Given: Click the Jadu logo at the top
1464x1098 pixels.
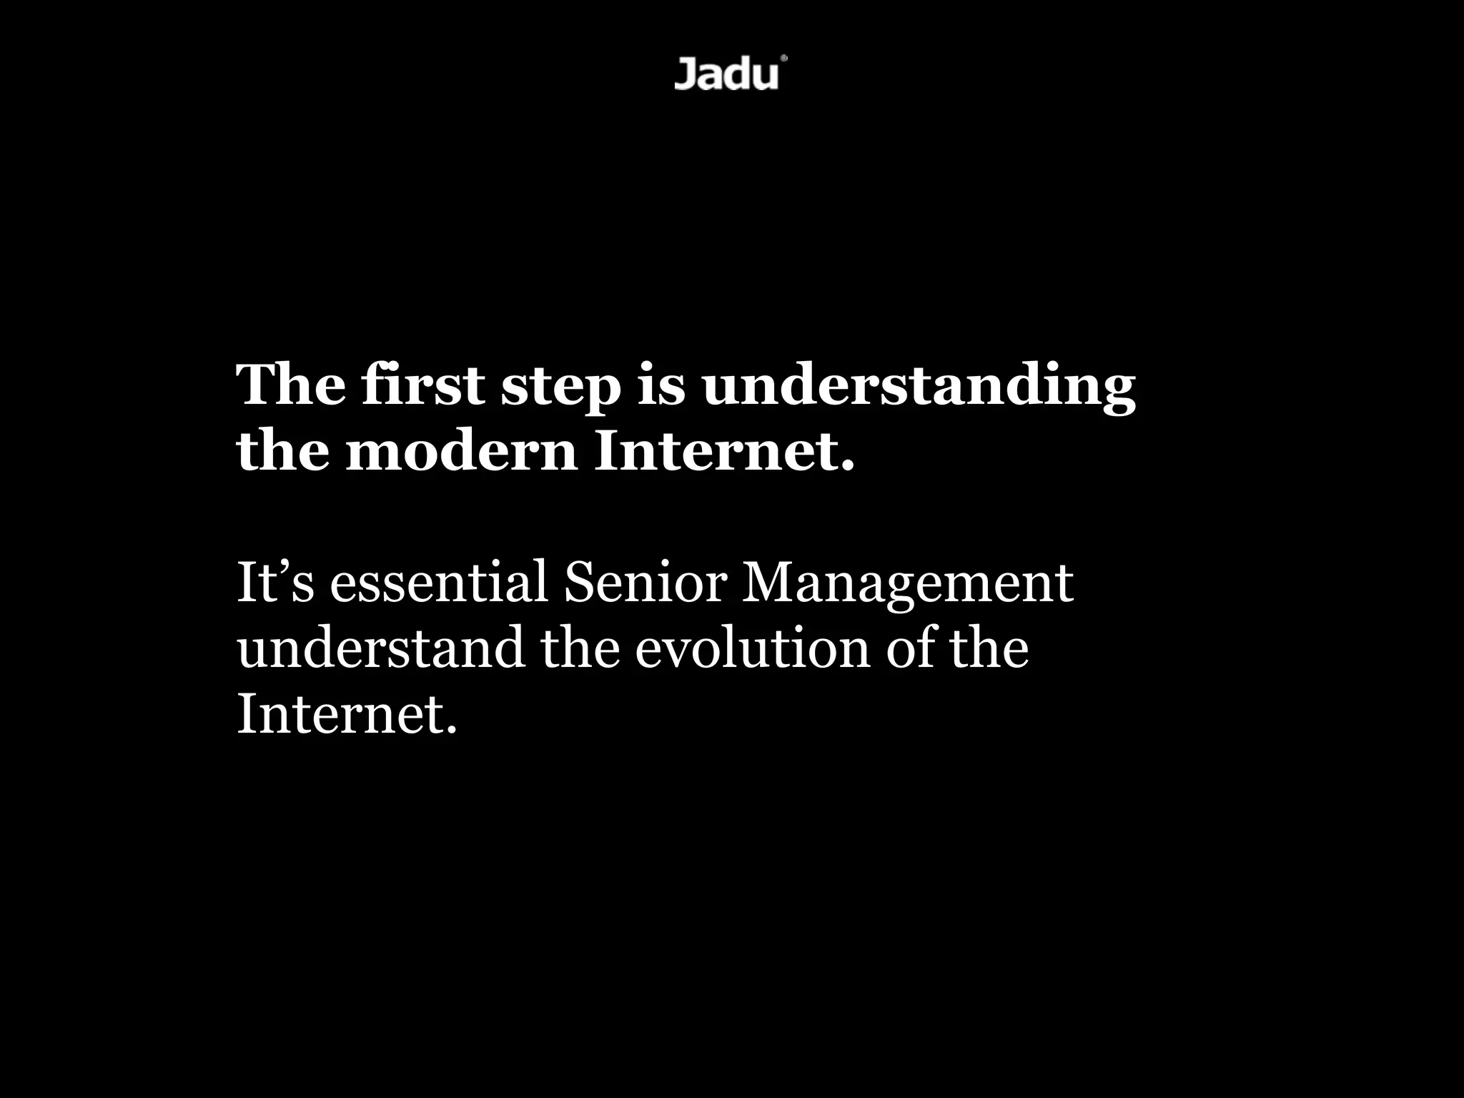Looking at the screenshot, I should click(x=726, y=74).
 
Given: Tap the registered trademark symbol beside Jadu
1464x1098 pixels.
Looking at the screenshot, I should click(x=784, y=59).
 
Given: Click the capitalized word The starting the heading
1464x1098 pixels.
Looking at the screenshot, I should click(x=290, y=385).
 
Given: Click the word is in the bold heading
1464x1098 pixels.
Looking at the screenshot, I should click(x=661, y=385).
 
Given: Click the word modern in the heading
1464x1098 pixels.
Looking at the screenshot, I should click(x=461, y=452).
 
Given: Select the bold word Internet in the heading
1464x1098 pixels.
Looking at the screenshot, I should click(x=723, y=452).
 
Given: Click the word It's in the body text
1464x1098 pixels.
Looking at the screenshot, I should click(x=274, y=582).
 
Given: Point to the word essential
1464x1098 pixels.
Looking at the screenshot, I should click(x=438, y=582).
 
